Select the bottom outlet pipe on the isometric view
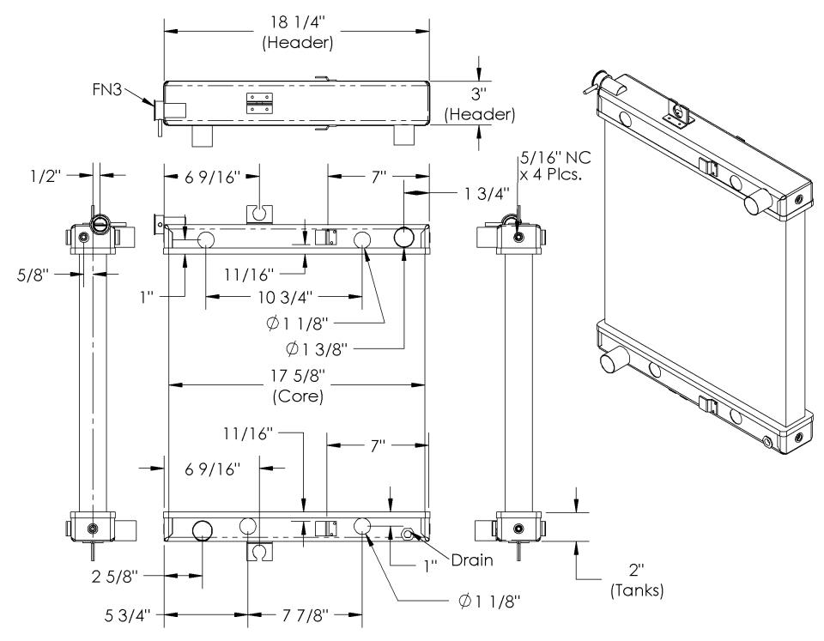pos(615,360)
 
